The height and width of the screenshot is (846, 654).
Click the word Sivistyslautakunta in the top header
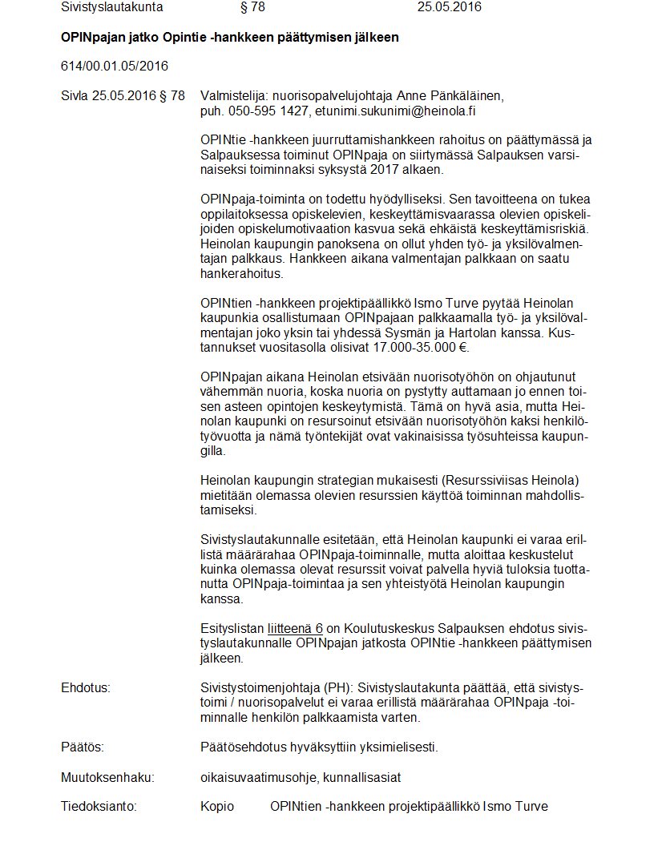[111, 7]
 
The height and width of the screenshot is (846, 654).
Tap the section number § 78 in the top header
[252, 7]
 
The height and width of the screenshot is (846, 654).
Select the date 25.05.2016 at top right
[449, 7]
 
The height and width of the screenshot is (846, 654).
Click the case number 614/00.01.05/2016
[114, 66]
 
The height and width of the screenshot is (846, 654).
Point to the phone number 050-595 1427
[268, 111]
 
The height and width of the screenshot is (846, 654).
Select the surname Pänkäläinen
[467, 95]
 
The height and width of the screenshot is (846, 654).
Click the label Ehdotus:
[85, 687]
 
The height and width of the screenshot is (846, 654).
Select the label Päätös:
[82, 747]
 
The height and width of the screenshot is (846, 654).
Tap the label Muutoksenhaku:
[107, 776]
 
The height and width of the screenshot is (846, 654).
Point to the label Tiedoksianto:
[99, 806]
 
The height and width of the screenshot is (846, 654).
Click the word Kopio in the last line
[217, 806]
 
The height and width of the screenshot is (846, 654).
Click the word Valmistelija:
[233, 95]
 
